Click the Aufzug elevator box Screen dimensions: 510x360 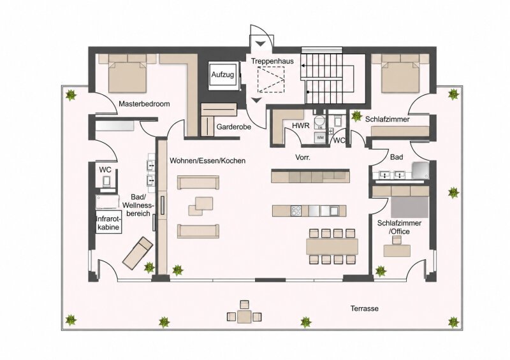point(222,74)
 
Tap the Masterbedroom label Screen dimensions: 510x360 point(144,104)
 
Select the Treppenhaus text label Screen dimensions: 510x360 point(272,61)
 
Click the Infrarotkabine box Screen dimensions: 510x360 point(108,223)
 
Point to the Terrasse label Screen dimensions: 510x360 point(364,308)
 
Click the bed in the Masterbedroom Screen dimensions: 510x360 point(127,73)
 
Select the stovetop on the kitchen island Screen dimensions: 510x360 point(296,211)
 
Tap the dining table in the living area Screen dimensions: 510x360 point(332,246)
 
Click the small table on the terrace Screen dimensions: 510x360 point(244,317)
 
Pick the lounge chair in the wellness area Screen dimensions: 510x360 point(138,253)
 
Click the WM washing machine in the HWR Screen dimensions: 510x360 point(321,138)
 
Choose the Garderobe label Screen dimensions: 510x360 point(234,127)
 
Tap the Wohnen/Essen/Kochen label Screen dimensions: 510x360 point(208,161)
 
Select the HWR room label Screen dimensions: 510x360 point(300,126)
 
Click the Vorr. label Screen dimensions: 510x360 point(303,157)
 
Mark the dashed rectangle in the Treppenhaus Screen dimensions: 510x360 point(271,79)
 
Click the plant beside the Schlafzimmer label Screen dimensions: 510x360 point(357,116)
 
